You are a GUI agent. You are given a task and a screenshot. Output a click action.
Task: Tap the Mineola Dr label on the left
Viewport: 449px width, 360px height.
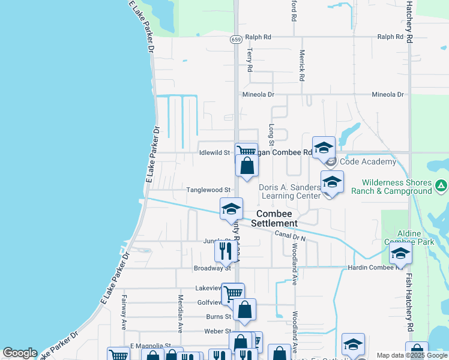pyautogui.click(x=258, y=95)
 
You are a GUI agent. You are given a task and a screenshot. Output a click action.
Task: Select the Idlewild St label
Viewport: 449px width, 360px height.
pyautogui.click(x=214, y=152)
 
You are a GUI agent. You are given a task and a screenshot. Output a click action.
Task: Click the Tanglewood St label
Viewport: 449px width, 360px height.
pyautogui.click(x=208, y=190)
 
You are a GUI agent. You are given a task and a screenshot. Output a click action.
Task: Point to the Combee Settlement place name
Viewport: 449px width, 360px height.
pyautogui.click(x=274, y=218)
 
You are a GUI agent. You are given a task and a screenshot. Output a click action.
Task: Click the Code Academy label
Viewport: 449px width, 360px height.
pyautogui.click(x=368, y=162)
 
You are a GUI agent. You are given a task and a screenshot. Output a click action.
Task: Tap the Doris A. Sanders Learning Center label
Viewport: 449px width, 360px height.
pyautogui.click(x=290, y=191)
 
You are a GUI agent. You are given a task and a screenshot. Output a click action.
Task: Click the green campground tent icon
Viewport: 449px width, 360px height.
pyautogui.click(x=441, y=186)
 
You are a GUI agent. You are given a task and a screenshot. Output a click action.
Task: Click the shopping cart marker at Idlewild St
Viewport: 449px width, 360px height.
pyautogui.click(x=246, y=152)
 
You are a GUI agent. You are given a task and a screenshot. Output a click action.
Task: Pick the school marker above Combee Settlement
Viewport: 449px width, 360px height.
pyautogui.click(x=231, y=209)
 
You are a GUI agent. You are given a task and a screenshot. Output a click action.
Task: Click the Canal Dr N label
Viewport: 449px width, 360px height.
pyautogui.click(x=291, y=236)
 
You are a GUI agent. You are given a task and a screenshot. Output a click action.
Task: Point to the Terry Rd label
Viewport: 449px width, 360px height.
pyautogui.click(x=249, y=61)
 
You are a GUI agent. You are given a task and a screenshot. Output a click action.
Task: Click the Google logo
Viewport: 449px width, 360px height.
pyautogui.click(x=20, y=353)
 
